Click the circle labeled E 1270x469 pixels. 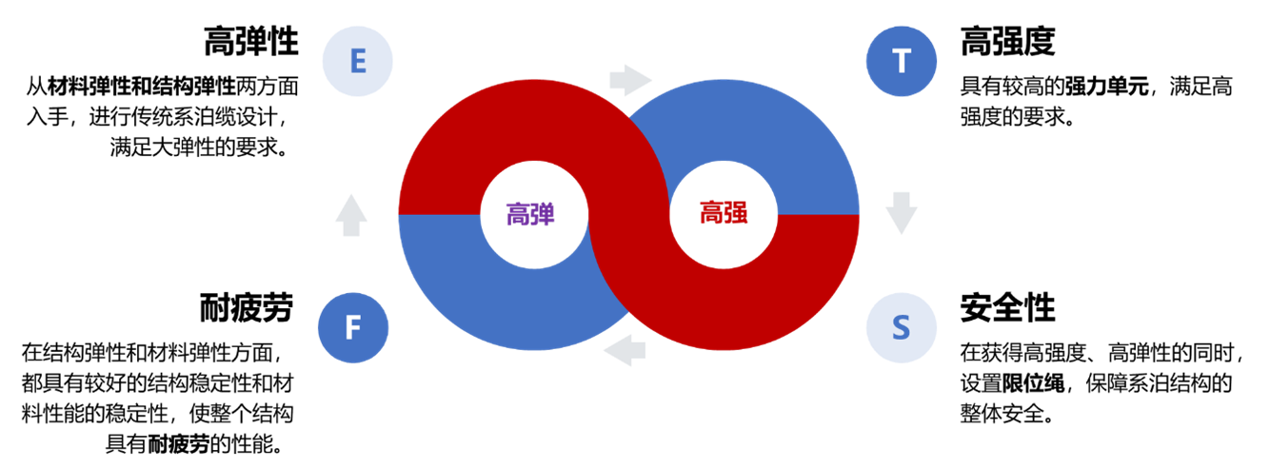(357, 61)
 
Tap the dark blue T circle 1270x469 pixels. (901, 61)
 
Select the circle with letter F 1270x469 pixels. (352, 328)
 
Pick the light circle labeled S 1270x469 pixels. (901, 328)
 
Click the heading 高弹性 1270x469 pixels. (251, 41)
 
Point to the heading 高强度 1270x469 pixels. (1007, 41)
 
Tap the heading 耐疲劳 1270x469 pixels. (247, 307)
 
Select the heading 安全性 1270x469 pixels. (1007, 307)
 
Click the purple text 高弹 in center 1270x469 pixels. (530, 215)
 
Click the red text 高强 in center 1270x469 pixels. (724, 213)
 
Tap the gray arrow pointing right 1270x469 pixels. (630, 81)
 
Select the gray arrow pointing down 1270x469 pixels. (901, 213)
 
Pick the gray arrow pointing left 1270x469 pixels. (625, 350)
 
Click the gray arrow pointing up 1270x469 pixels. (351, 215)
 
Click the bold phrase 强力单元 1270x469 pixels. (1106, 87)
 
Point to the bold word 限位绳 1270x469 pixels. (1033, 383)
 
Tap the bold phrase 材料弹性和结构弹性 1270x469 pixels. (141, 87)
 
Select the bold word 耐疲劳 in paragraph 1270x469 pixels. (179, 444)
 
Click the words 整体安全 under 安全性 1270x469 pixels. (1002, 414)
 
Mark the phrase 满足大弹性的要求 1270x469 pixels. (193, 147)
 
